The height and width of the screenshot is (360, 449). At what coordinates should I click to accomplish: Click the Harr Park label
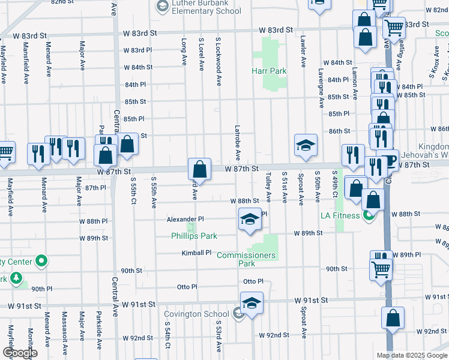click(x=268, y=71)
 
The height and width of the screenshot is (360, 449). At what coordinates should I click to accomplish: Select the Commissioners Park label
click(x=246, y=259)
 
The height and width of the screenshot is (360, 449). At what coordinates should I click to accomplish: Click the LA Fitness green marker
click(x=368, y=215)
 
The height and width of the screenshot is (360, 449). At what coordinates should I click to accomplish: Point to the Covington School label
click(x=197, y=313)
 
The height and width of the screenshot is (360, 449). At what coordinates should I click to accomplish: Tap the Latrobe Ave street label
click(x=238, y=143)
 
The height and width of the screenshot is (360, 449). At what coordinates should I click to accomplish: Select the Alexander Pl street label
click(x=185, y=219)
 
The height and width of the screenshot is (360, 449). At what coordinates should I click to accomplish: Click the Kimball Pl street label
click(x=197, y=253)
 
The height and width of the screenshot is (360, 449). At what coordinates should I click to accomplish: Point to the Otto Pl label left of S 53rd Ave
click(x=187, y=287)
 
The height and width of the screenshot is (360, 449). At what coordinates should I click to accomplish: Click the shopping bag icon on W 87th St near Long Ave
click(x=199, y=169)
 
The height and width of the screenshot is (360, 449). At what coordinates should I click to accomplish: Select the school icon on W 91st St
click(x=252, y=303)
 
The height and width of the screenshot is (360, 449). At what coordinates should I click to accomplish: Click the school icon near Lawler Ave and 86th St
click(x=305, y=145)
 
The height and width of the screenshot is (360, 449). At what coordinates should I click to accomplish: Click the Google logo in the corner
click(x=20, y=353)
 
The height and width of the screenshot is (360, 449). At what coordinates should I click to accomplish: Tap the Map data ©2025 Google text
click(x=411, y=355)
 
